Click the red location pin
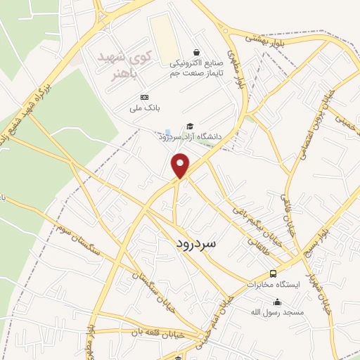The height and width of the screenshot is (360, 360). (181, 165)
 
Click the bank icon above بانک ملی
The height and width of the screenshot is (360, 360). (144, 97)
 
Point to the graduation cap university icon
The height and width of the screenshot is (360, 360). (190, 127)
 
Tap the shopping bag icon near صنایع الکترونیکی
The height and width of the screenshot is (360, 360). (196, 51)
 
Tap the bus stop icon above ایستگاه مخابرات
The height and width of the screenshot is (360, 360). (273, 274)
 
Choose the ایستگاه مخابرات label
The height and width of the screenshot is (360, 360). (274, 284)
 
